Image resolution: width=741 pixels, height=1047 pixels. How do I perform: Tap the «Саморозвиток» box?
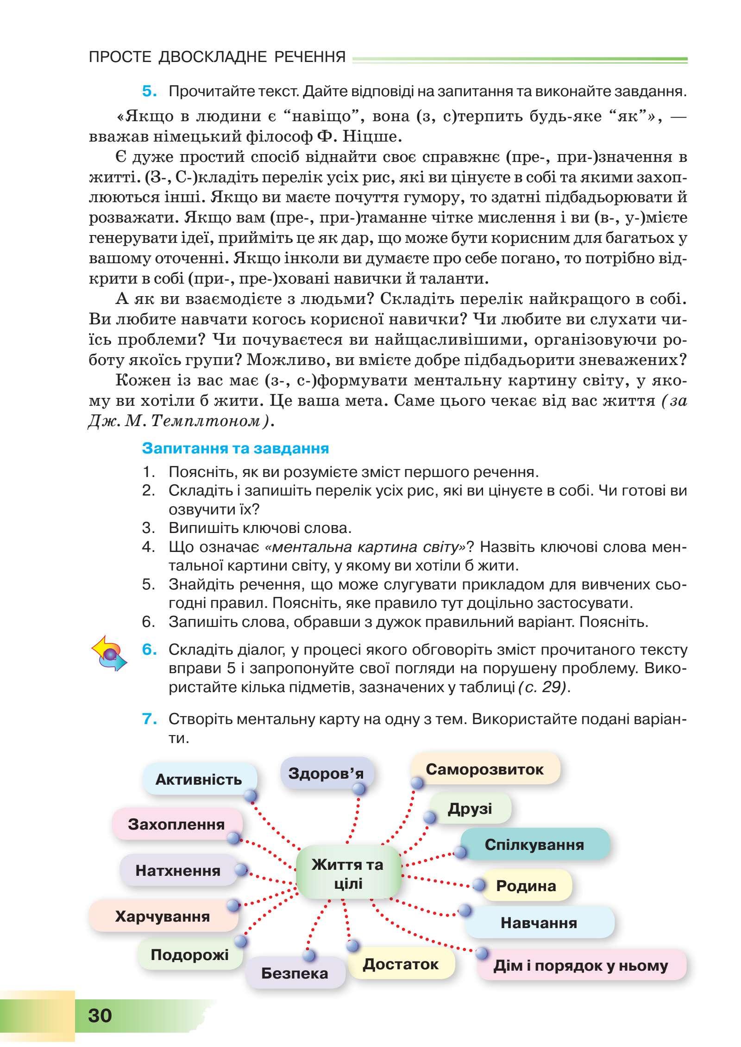pyautogui.click(x=484, y=769)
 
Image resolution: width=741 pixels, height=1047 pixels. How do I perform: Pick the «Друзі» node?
pyautogui.click(x=470, y=808)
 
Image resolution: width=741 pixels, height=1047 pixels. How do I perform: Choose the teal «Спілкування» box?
pyautogui.click(x=534, y=844)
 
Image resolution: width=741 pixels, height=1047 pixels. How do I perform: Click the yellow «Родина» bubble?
pyautogui.click(x=526, y=886)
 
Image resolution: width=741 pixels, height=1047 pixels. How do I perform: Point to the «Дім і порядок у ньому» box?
pyautogui.click(x=581, y=966)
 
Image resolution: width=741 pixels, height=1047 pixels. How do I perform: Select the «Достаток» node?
pyautogui.click(x=401, y=964)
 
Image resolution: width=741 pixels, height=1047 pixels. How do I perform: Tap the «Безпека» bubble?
pyautogui.click(x=295, y=973)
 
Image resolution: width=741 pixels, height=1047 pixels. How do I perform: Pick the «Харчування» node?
pyautogui.click(x=163, y=916)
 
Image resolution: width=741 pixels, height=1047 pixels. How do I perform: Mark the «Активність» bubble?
pyautogui.click(x=199, y=780)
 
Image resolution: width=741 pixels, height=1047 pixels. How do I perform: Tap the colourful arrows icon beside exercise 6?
pyautogui.click(x=110, y=653)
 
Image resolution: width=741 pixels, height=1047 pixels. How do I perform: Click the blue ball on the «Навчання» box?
pyautogui.click(x=465, y=911)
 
